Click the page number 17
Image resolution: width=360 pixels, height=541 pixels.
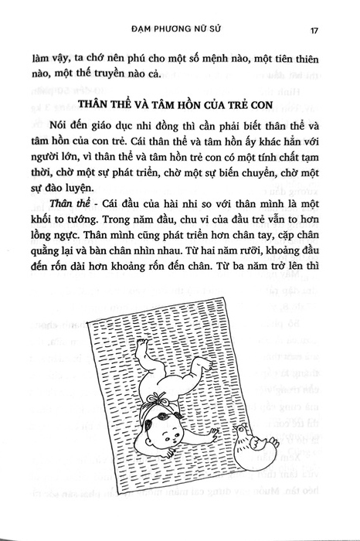[315, 31]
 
